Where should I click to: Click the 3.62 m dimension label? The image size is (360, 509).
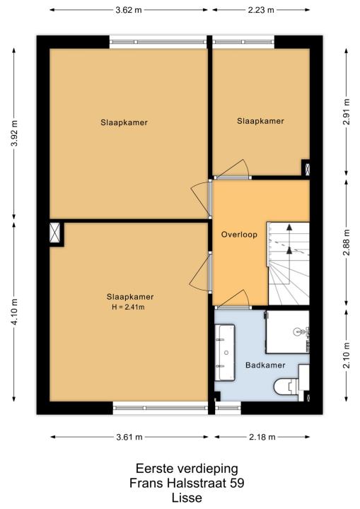(129, 10)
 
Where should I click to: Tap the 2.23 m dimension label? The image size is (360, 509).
(261, 10)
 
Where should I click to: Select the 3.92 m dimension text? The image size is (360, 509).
(14, 133)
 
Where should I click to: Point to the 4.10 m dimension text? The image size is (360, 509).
(14, 312)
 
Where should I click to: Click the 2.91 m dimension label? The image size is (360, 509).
(347, 112)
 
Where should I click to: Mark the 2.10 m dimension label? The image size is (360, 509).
(347, 355)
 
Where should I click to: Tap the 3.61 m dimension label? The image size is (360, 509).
(129, 438)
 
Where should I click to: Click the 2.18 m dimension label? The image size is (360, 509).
(262, 438)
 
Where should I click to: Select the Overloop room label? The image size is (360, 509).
(239, 235)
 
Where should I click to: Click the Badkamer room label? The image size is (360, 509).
(265, 365)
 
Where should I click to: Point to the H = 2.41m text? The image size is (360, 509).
(128, 307)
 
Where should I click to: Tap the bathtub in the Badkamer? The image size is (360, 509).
(225, 353)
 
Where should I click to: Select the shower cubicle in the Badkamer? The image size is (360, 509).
(288, 332)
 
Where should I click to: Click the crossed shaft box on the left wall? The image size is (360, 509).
(55, 233)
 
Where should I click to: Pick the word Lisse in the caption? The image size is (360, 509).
(187, 498)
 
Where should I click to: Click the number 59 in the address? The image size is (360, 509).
(237, 483)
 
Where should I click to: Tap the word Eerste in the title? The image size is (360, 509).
(154, 469)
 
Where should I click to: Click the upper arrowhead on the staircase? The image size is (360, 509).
(289, 227)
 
